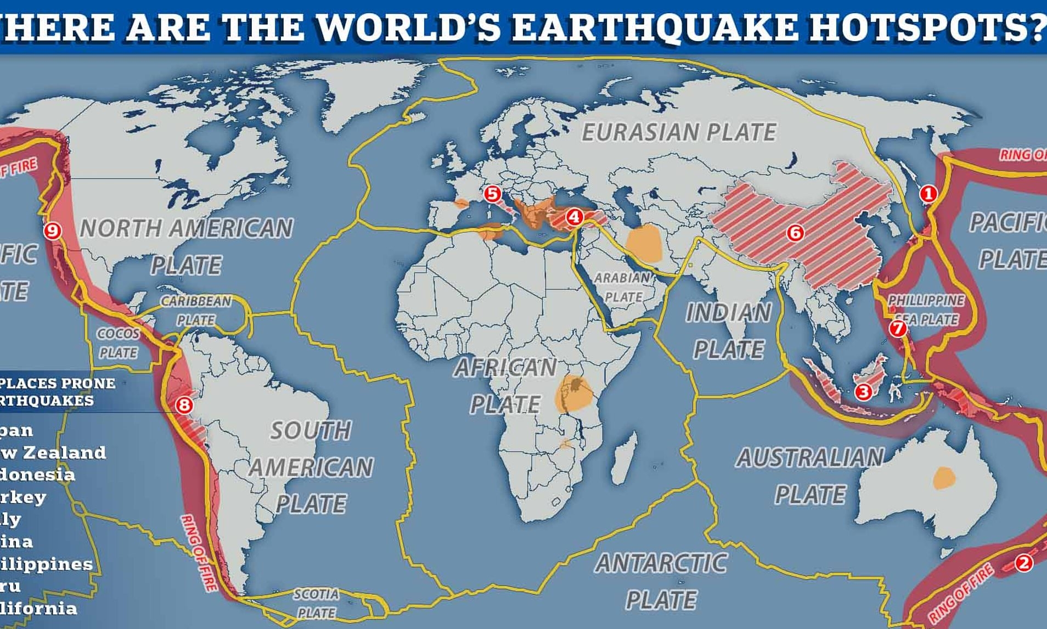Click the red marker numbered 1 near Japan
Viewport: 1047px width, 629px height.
[928, 194]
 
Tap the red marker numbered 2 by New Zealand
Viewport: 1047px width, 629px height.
[1023, 563]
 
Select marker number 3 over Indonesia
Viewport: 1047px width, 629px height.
[863, 392]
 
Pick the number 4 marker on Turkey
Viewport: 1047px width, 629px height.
[574, 217]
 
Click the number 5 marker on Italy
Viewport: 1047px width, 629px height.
[492, 194]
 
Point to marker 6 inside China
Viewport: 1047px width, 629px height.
[795, 233]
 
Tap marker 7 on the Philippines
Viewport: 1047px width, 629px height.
[898, 329]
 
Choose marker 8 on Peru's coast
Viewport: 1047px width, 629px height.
[184, 406]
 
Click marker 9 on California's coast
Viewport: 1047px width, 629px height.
[52, 231]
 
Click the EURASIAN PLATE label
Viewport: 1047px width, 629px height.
[679, 132]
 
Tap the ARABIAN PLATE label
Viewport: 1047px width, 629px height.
[622, 288]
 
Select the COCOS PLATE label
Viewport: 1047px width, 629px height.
[118, 343]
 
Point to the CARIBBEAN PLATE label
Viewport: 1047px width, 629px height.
[196, 311]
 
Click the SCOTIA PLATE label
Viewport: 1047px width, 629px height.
[316, 603]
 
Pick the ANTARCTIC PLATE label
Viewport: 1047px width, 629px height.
[661, 581]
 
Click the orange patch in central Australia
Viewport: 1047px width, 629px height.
[944, 478]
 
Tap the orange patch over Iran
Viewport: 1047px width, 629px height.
[644, 243]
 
